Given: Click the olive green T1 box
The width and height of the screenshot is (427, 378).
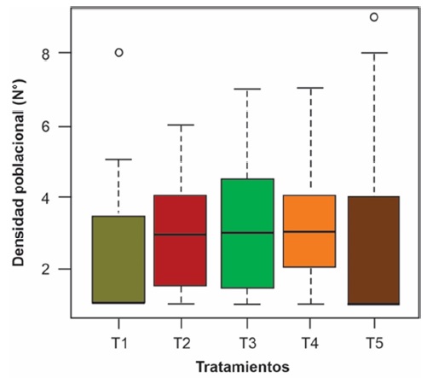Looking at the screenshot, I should pos(118,259).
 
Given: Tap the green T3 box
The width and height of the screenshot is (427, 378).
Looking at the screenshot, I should pos(246,233).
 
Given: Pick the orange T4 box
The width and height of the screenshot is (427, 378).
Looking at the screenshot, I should pos(310,231).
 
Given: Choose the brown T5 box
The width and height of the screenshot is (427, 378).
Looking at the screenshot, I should pos(374,250).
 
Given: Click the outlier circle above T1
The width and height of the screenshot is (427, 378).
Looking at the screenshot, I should pos(118,52).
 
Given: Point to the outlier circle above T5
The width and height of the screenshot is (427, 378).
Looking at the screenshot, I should pos(373,17).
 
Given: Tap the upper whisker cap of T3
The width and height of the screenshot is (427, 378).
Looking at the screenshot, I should pos(246,89).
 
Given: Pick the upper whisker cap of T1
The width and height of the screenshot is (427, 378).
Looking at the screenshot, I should pos(118,159).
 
